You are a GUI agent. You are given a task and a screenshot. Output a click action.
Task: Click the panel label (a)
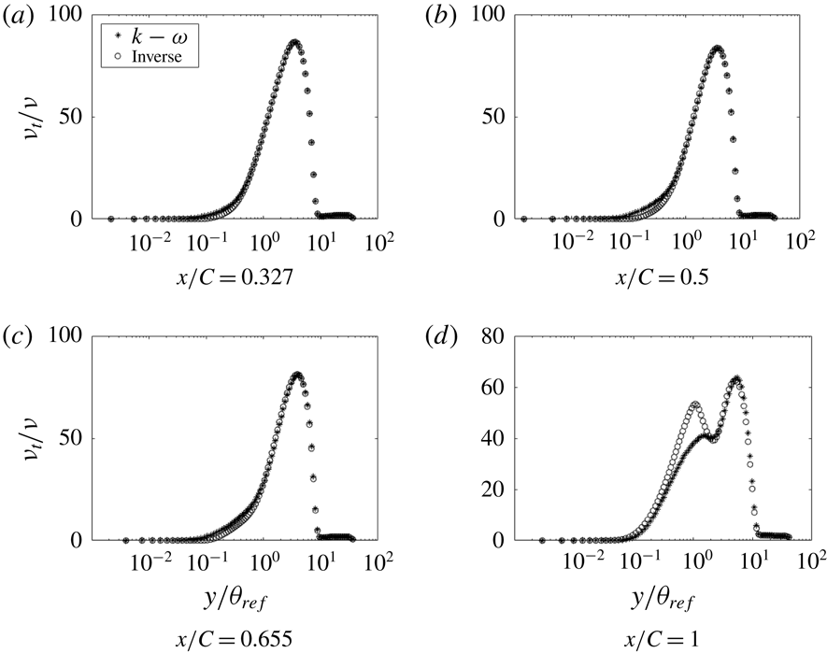click(19, 17)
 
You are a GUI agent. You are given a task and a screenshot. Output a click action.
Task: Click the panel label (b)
click(435, 17)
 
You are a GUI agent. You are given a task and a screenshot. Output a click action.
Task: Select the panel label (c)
click(19, 338)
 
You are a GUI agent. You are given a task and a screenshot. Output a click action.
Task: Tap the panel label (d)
click(435, 338)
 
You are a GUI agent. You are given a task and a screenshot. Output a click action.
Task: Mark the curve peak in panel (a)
click(293, 42)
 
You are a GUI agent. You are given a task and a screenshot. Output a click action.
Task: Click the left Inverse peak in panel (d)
click(695, 405)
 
